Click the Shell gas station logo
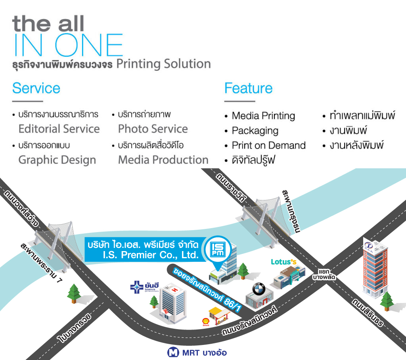206,321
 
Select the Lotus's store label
283,262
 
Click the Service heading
36,88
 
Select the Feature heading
248,88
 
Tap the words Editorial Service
59,129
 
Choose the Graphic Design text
57,160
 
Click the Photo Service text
153,129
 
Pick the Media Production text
163,160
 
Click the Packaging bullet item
255,131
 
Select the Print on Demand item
268,145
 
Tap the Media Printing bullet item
263,116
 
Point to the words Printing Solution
163,64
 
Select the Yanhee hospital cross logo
136,288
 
